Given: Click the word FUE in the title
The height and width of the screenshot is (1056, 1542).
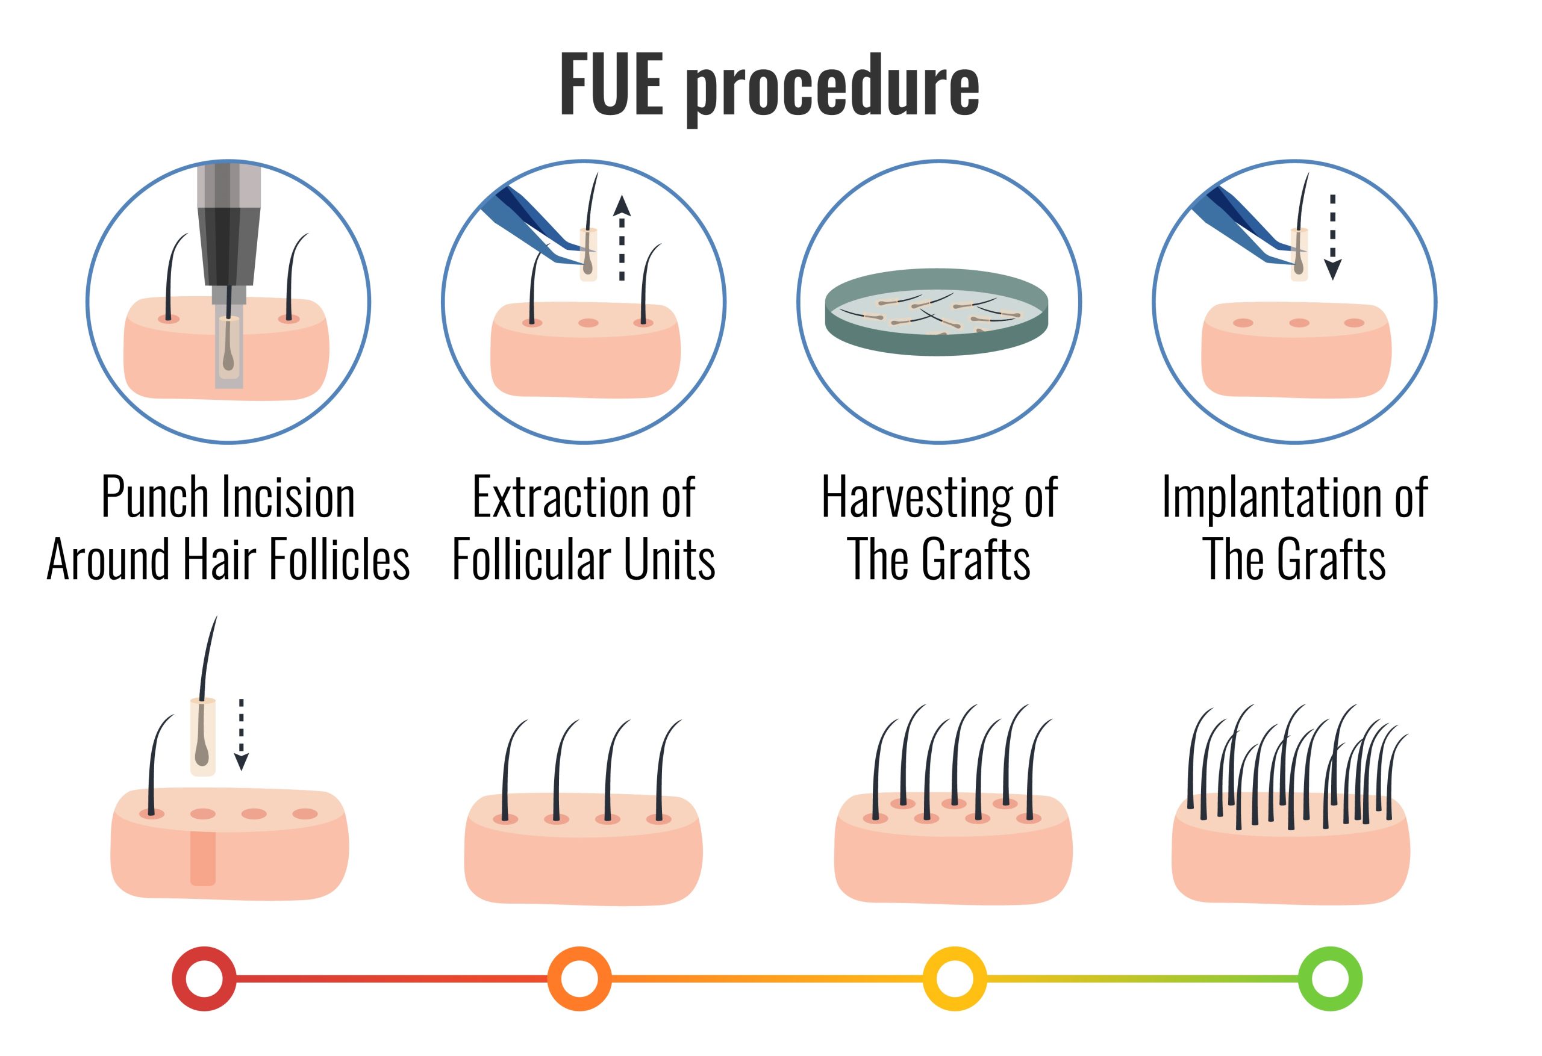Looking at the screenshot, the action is pyautogui.click(x=611, y=84).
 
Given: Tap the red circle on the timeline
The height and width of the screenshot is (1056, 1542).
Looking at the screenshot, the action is pyautogui.click(x=204, y=978).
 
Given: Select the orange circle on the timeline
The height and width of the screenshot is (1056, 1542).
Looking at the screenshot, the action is pyautogui.click(x=579, y=978).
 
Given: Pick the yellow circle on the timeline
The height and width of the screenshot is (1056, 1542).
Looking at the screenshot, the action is pyautogui.click(x=955, y=978).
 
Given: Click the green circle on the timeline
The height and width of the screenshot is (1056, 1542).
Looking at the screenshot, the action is pyautogui.click(x=1330, y=978).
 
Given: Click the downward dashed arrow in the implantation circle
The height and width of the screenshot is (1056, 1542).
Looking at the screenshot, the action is pyautogui.click(x=1332, y=237).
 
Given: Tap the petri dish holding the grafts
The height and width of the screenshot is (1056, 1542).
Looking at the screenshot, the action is pyautogui.click(x=936, y=312).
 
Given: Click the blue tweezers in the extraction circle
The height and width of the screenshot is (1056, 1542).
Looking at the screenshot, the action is pyautogui.click(x=531, y=226).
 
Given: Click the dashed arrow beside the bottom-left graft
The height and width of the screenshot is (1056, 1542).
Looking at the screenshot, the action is pyautogui.click(x=242, y=735).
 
